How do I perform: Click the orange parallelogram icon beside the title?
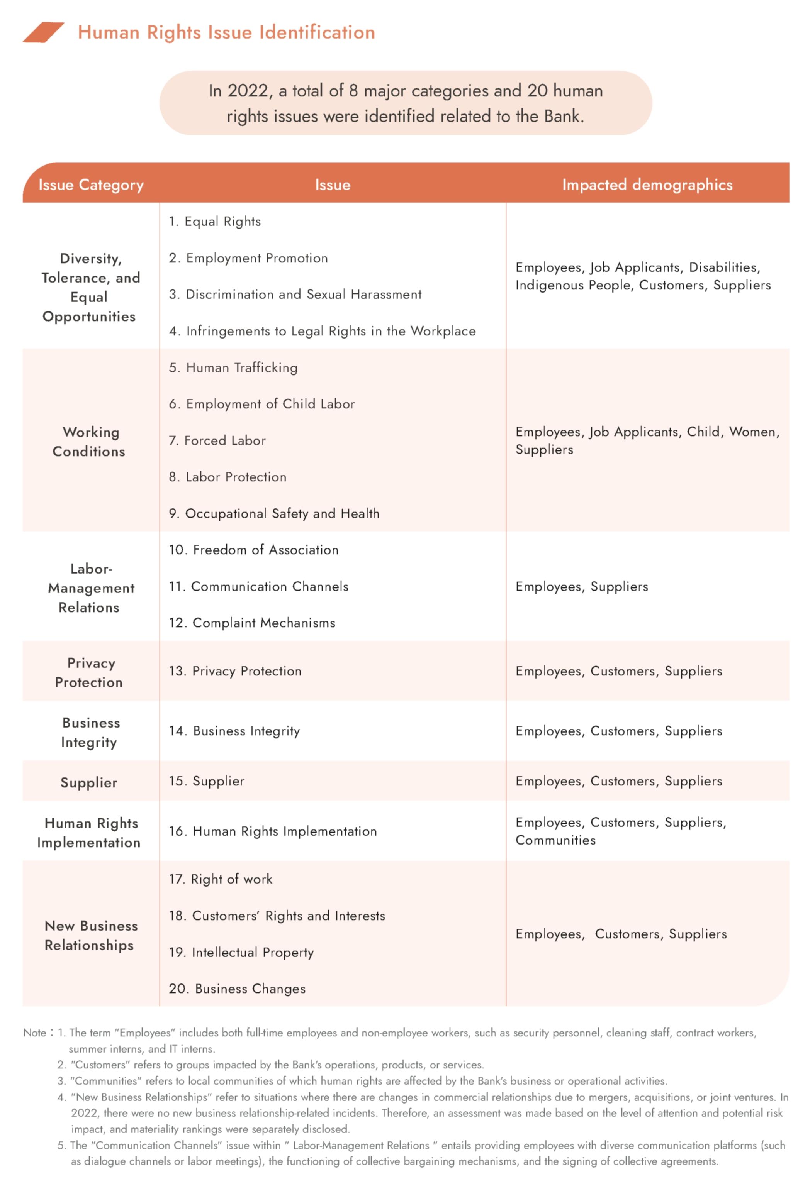tap(43, 32)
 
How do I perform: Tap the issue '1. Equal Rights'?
tap(215, 222)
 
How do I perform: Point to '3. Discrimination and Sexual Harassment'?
tap(295, 295)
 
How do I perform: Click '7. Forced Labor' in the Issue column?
tap(217, 440)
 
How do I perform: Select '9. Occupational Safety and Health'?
tap(274, 514)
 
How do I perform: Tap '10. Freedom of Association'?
tap(253, 550)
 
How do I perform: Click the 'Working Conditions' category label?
tap(89, 442)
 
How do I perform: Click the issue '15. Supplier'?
tap(207, 781)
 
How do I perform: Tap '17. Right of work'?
tap(221, 879)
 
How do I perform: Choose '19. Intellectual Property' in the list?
tap(241, 953)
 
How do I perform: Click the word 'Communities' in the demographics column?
tap(555, 840)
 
